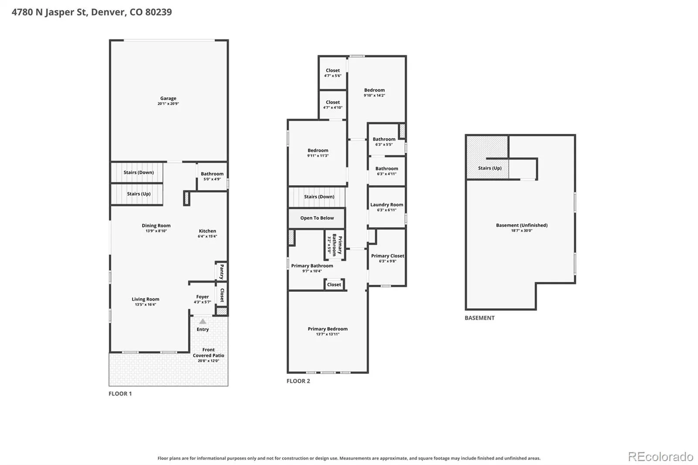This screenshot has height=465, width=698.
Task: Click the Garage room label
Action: [168, 98]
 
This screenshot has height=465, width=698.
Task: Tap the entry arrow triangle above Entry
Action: [202, 321]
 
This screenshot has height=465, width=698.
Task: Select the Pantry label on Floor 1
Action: [222, 271]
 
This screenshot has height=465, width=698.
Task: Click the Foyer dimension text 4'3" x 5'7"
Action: [202, 302]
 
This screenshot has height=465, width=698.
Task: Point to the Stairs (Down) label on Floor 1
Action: [139, 172]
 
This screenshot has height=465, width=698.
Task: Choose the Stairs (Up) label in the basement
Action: [490, 168]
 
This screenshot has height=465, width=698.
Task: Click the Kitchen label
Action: [208, 231]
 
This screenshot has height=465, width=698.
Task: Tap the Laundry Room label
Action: [387, 205]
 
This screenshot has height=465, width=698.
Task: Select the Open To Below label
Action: [317, 218]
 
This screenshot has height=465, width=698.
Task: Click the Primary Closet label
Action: [388, 256]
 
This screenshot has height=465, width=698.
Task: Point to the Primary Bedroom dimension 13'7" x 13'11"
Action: [328, 334]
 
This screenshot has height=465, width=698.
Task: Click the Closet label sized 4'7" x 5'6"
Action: [333, 70]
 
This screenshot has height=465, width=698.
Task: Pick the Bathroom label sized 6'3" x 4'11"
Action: [387, 169]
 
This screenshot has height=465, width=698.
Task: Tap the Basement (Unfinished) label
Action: [522, 225]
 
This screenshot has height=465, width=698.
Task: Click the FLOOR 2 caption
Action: [298, 381]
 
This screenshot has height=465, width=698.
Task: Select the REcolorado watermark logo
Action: [660, 457]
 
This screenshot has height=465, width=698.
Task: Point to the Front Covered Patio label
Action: [209, 352]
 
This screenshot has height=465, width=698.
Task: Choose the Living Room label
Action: [146, 299]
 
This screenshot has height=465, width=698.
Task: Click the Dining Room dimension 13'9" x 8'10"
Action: [156, 231]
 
